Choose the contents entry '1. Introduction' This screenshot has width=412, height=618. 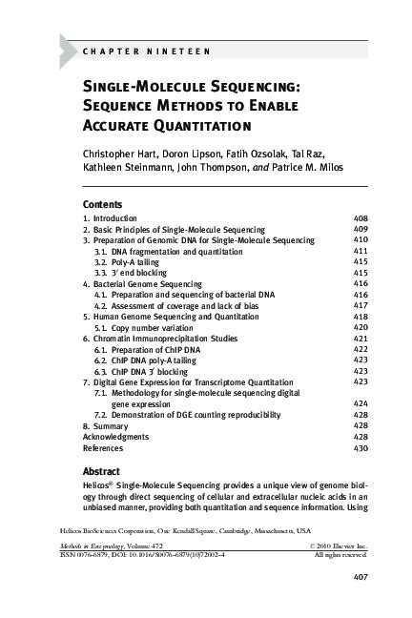(111, 218)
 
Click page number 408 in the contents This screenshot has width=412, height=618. (360, 218)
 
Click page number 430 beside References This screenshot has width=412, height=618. (360, 447)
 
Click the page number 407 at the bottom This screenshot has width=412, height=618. (360, 576)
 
